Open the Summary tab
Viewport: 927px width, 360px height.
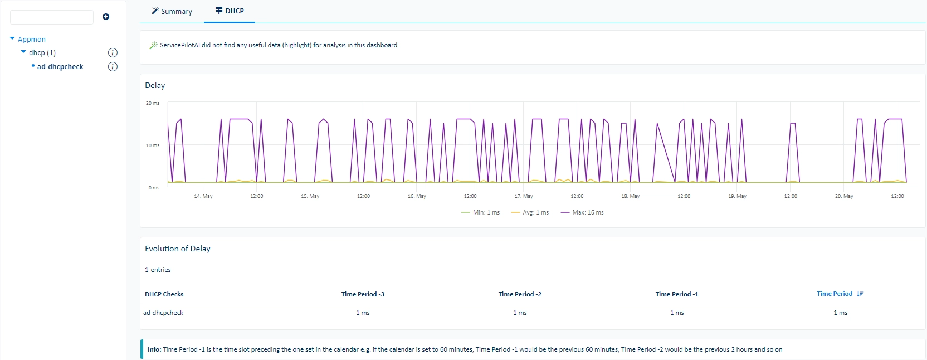click(x=172, y=11)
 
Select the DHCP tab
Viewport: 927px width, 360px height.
click(x=230, y=11)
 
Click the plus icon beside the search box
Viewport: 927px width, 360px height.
click(x=106, y=17)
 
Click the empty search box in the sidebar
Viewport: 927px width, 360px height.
click(x=52, y=17)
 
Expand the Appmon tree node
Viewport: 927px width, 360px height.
click(x=12, y=38)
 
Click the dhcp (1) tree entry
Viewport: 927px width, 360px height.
click(x=42, y=52)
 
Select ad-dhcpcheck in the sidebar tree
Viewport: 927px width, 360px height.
click(x=60, y=67)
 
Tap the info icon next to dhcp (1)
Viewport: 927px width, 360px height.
click(x=113, y=52)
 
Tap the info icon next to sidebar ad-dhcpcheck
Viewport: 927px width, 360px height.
click(x=113, y=67)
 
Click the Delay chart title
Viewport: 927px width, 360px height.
click(x=155, y=85)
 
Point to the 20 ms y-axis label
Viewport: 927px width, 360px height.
click(x=153, y=103)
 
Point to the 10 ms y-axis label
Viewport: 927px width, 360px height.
click(x=153, y=145)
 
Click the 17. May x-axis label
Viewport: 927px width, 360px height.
click(x=524, y=196)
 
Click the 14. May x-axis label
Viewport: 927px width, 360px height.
click(x=203, y=196)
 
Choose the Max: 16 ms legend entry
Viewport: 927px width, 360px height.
click(x=582, y=212)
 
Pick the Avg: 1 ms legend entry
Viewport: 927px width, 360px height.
click(x=530, y=212)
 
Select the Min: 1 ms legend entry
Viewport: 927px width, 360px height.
click(x=480, y=212)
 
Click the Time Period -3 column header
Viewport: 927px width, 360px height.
click(x=363, y=294)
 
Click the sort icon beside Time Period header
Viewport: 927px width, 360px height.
click(x=860, y=294)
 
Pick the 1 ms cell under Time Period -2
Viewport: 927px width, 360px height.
click(x=520, y=313)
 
